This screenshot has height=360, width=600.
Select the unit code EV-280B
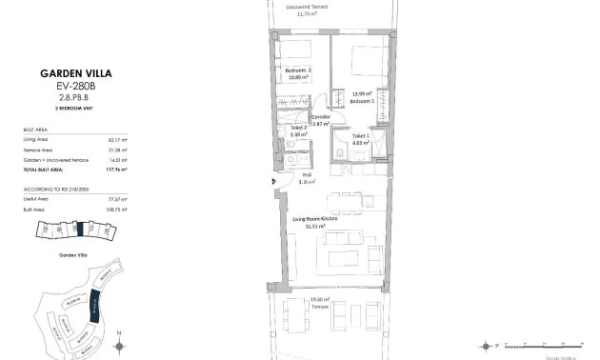point(75,85)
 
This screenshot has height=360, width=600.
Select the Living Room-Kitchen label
point(314,218)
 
